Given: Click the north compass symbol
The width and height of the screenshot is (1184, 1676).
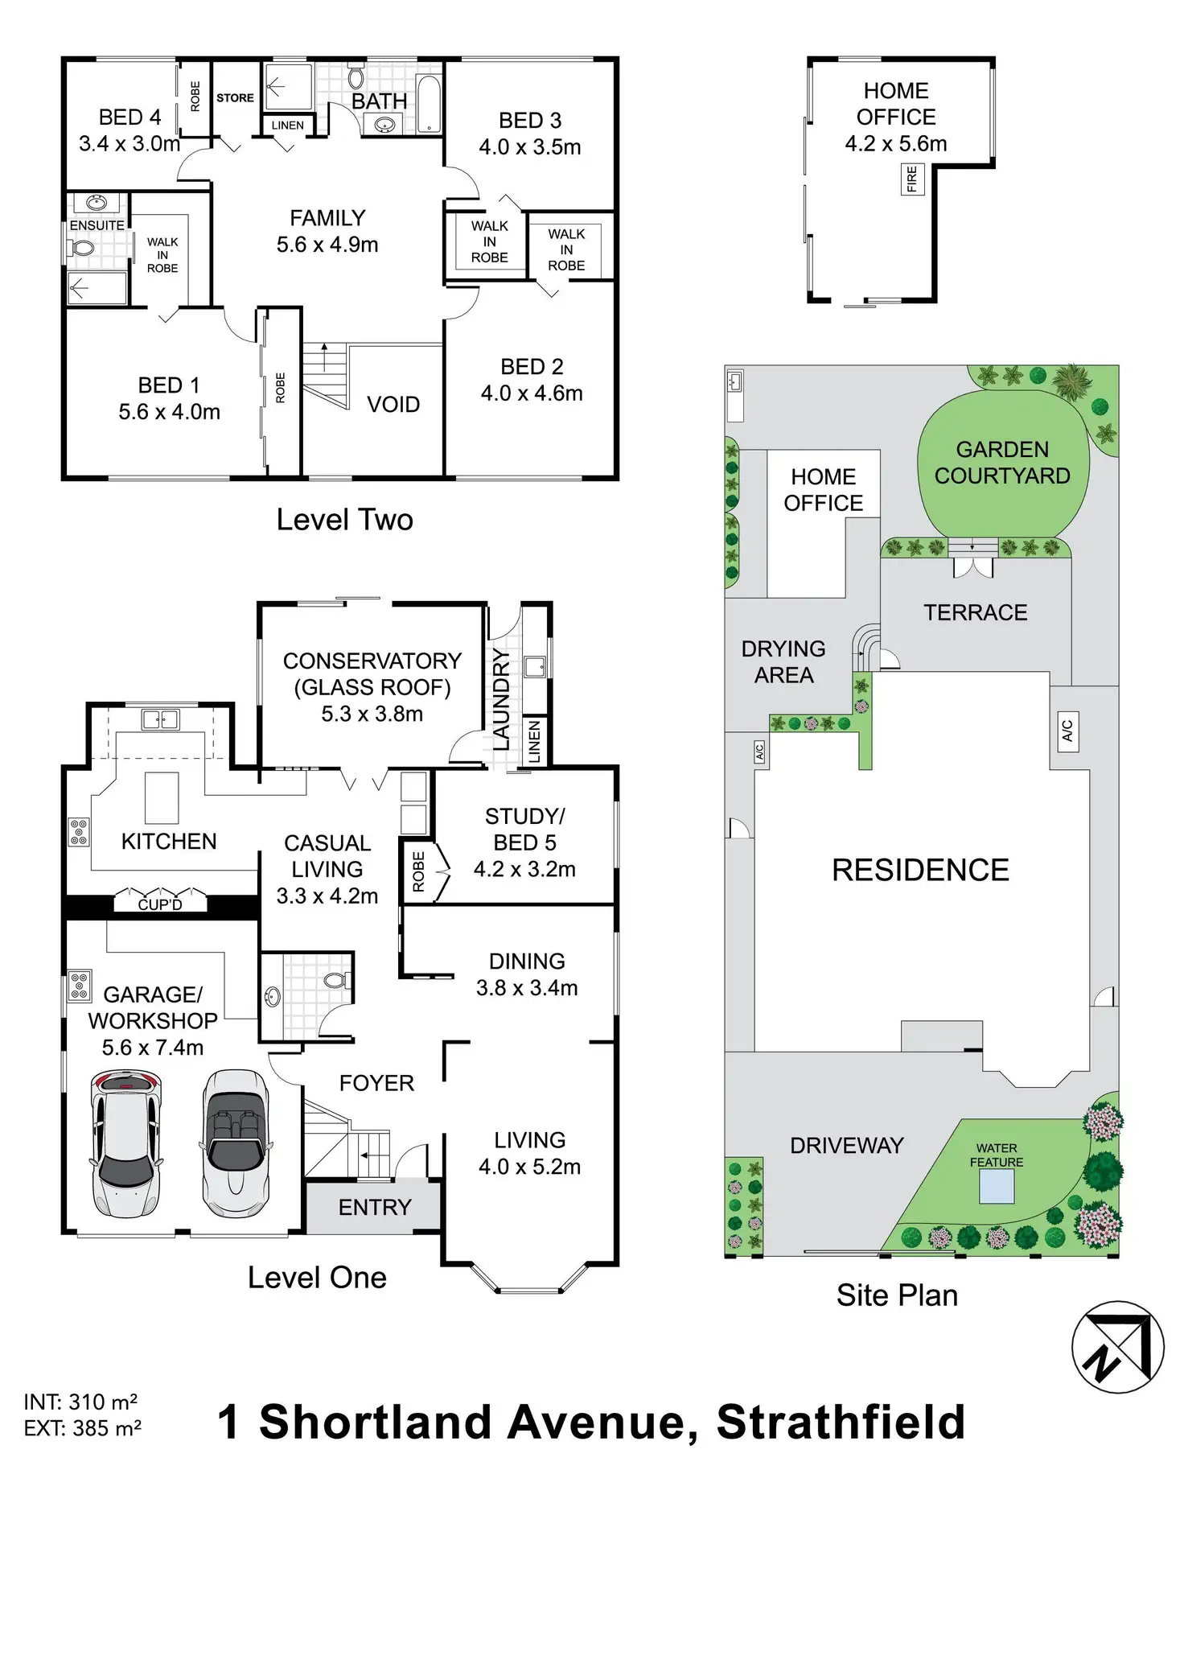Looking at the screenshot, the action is [x=1117, y=1347].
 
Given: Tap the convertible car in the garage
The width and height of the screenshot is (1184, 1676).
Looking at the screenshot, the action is [x=235, y=1143].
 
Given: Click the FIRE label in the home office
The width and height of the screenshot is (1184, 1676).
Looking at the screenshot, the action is [x=911, y=179].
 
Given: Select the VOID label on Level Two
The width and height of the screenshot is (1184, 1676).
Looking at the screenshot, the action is [x=393, y=404].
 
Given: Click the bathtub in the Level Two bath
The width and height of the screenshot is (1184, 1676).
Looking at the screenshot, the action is [x=429, y=103].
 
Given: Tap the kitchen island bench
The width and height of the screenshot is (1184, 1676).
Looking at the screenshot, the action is [x=162, y=797].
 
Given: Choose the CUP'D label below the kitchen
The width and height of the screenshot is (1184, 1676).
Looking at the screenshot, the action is [x=160, y=904].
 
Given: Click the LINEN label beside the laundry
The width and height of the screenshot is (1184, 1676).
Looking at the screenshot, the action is [x=535, y=741].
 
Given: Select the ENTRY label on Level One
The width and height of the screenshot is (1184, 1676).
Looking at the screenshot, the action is [x=375, y=1207].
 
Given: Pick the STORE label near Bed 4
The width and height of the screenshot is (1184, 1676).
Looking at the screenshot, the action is [x=235, y=98].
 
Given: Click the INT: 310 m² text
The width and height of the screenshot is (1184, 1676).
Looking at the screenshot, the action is [x=80, y=1402].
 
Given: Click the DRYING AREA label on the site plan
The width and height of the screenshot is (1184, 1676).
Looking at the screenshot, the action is [x=783, y=661].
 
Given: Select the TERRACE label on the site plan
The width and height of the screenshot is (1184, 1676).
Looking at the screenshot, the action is [x=975, y=612].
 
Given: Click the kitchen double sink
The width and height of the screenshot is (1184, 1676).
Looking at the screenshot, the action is [x=160, y=719].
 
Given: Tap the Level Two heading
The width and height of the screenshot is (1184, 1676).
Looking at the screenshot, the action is [x=344, y=520].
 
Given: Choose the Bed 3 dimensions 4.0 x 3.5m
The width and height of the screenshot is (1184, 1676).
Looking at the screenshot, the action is [x=529, y=147].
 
